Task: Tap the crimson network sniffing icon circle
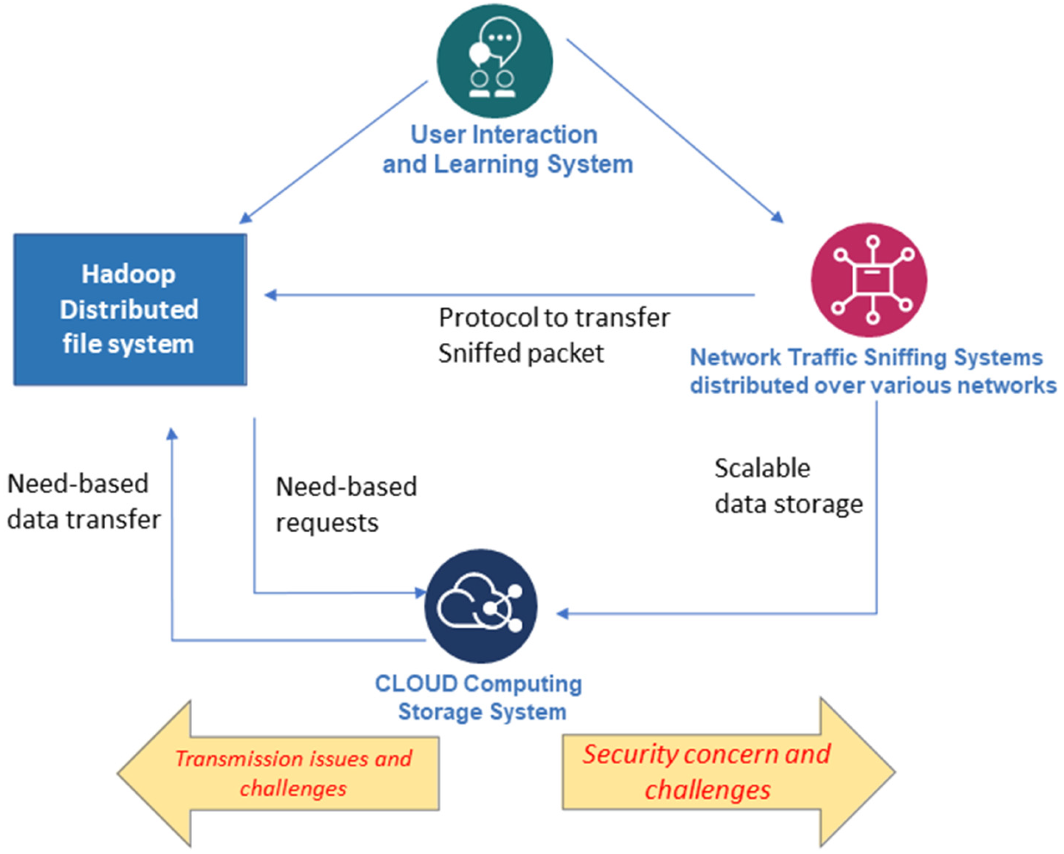click(869, 280)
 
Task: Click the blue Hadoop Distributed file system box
click(130, 309)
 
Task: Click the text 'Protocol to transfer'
click(554, 317)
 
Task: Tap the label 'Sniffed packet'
click(521, 353)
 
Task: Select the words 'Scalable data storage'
click(788, 486)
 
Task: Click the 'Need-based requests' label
click(346, 505)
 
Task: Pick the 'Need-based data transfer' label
click(83, 501)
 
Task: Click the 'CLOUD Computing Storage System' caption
click(479, 698)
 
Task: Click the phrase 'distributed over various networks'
click(873, 385)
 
